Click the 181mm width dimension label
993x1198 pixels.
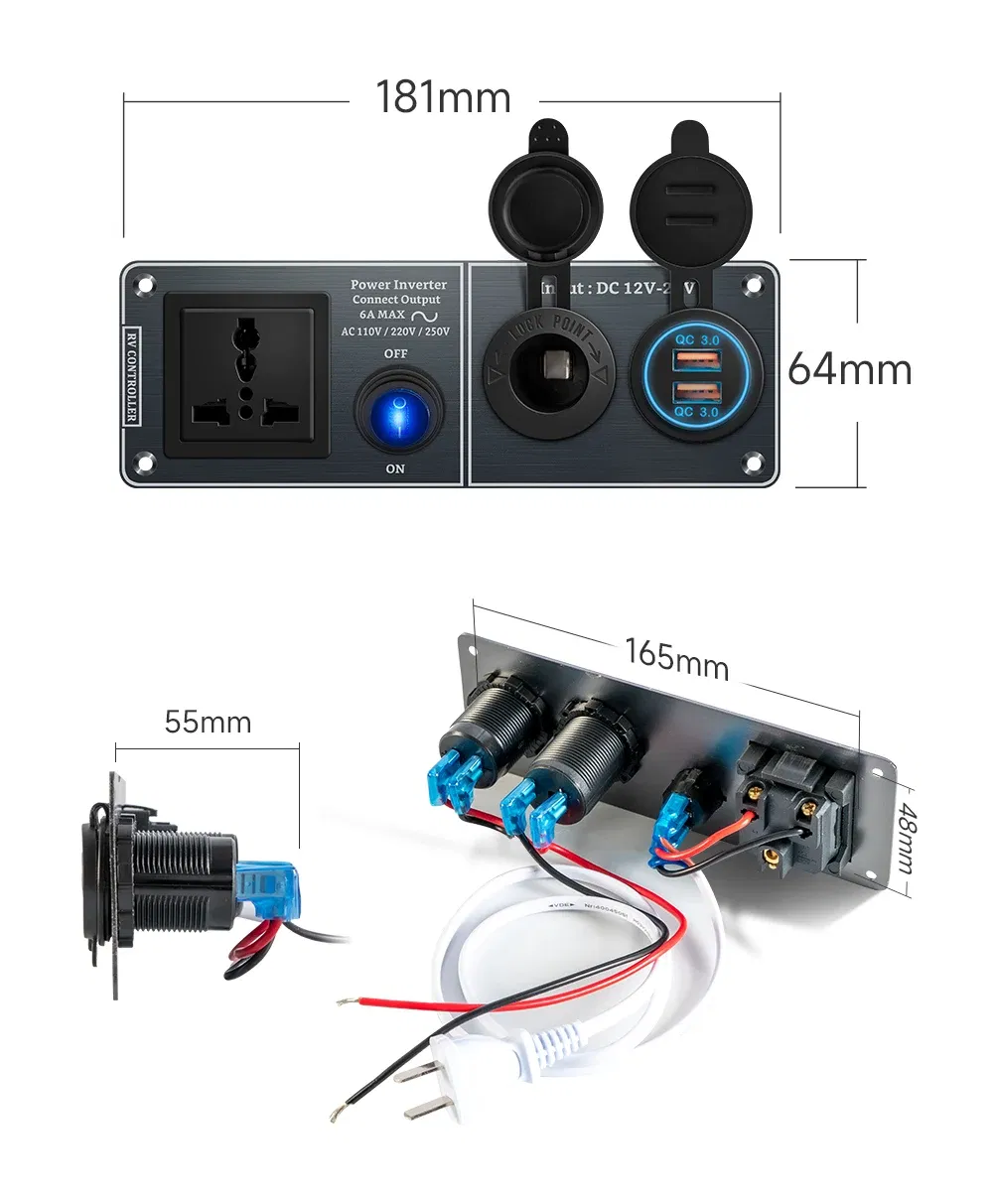[x=443, y=98]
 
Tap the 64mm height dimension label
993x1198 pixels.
[x=849, y=369]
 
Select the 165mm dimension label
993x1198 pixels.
[x=676, y=658]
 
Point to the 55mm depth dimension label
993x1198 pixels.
[x=208, y=722]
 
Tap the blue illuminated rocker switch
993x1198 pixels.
[x=396, y=412]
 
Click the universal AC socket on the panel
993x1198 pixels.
[x=246, y=374]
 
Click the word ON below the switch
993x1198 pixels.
[x=395, y=468]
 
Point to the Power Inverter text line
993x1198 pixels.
[x=398, y=285]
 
